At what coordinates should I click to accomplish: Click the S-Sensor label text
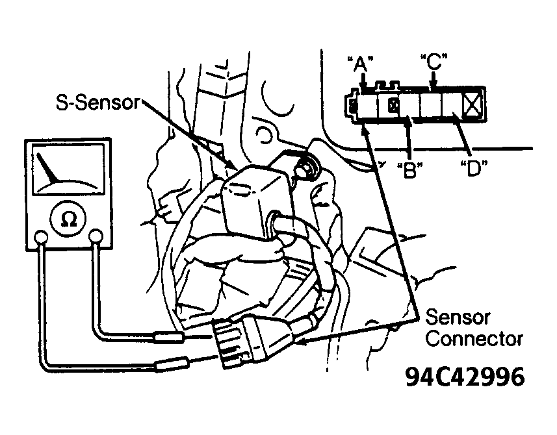(98, 103)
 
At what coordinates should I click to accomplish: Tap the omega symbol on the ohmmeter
(69, 219)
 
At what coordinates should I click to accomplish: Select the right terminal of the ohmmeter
(96, 236)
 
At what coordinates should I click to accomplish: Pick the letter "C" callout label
(434, 62)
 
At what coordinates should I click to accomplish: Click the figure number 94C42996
(465, 377)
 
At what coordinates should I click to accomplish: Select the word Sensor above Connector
(458, 317)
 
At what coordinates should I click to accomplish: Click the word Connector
(474, 339)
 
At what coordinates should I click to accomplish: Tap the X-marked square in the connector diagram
(473, 105)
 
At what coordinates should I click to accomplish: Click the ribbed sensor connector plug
(239, 342)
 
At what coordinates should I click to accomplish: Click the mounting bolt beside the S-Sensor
(305, 166)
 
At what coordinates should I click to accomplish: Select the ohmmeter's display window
(68, 169)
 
